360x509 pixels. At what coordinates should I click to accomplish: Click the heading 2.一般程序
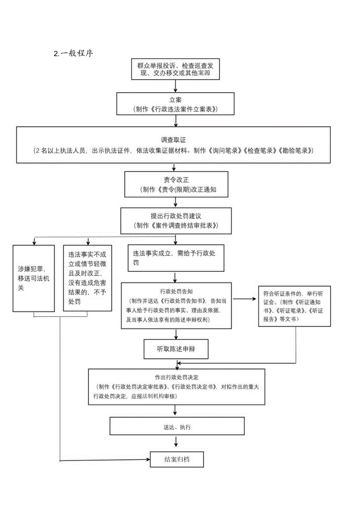coord(73,54)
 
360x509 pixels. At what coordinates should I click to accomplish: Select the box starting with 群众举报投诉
coord(176,69)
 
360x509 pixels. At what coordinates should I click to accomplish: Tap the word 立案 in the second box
coord(176,100)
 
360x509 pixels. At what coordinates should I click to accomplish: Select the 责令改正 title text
coord(176,180)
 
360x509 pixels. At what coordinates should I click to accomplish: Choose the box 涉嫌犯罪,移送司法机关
coord(34,278)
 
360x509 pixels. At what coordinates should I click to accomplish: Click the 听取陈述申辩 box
coord(176,349)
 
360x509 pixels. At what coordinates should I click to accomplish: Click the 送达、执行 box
coord(177,427)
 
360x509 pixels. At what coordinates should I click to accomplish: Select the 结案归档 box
coord(177,459)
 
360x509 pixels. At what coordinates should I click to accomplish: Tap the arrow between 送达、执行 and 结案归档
coord(176,441)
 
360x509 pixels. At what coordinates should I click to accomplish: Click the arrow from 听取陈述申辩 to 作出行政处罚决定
coord(176,364)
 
